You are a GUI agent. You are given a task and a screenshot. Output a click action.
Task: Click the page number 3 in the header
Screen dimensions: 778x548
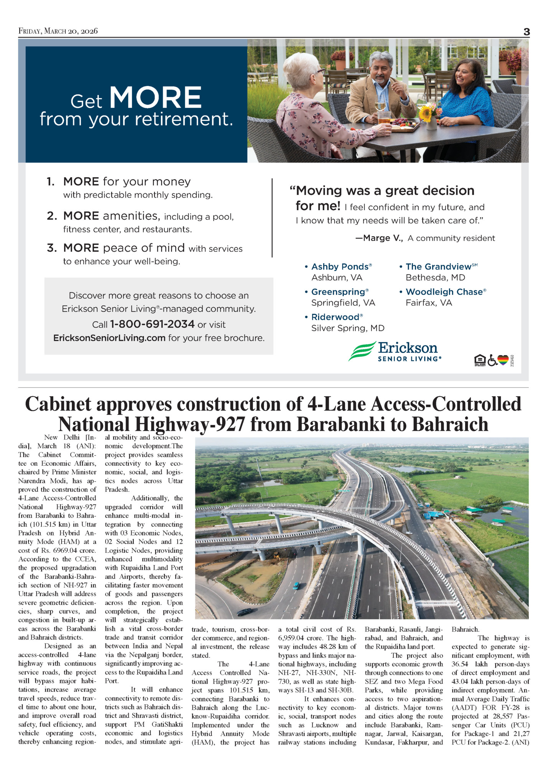tap(527, 32)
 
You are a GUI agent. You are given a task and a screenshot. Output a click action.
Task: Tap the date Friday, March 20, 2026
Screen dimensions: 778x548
tap(58, 31)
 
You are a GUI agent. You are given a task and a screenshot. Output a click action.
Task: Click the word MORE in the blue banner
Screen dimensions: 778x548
tap(155, 97)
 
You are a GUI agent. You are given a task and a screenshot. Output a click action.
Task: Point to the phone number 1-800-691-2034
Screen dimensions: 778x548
tap(152, 324)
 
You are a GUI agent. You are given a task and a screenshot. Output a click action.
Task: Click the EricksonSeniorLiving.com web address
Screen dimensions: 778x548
tap(109, 338)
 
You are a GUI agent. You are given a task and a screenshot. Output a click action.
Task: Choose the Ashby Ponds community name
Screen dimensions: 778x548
tap(340, 267)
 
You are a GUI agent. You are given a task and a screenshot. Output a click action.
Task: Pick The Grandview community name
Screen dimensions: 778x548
tap(438, 267)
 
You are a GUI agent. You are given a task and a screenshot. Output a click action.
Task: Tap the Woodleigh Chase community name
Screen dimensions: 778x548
tap(444, 292)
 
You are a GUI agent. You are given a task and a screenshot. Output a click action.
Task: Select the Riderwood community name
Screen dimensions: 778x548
tap(335, 317)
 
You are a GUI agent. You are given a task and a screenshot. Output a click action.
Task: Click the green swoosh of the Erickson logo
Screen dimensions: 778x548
tap(361, 351)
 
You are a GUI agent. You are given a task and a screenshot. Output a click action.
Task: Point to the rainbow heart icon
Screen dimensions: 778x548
tap(503, 360)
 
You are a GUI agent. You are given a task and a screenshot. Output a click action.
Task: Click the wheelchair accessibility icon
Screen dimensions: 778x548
tap(492, 360)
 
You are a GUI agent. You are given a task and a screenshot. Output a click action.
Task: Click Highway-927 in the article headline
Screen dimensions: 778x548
tap(190, 424)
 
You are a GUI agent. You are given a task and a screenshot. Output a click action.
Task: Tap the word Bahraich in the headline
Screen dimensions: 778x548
tap(450, 424)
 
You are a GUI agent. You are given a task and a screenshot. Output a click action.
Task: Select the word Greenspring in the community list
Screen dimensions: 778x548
tap(338, 292)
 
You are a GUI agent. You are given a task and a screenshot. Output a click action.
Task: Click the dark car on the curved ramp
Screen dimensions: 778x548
tap(244, 612)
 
